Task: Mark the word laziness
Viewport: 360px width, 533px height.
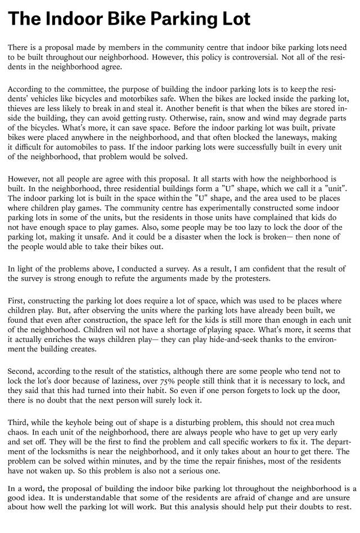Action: (116, 380)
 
